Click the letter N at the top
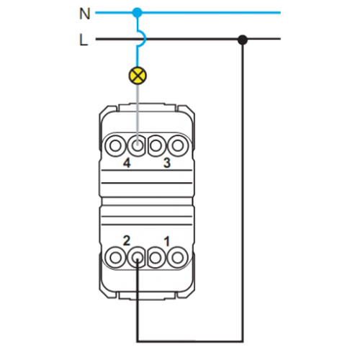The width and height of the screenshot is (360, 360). click(84, 14)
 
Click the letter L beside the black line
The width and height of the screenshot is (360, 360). click(84, 40)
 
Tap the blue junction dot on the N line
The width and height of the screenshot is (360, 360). click(138, 12)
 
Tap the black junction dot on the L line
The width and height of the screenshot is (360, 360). click(243, 40)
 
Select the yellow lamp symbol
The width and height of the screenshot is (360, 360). click(138, 76)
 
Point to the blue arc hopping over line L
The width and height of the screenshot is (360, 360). click(142, 38)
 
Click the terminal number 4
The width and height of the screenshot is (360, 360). click(127, 163)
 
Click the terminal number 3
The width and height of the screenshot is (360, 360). click(167, 163)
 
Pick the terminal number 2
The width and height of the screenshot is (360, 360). click(127, 240)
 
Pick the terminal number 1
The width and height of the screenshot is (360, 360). click(167, 241)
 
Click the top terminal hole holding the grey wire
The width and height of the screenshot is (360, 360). click(137, 145)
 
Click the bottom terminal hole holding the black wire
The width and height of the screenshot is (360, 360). click(137, 258)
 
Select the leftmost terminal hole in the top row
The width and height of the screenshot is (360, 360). click(116, 145)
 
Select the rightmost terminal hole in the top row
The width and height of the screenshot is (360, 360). click(178, 145)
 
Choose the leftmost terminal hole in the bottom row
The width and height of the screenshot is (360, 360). click(116, 258)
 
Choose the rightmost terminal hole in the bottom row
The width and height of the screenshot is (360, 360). click(178, 258)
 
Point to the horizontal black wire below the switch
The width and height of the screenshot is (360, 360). click(190, 341)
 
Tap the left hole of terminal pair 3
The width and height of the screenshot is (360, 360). click(156, 145)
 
